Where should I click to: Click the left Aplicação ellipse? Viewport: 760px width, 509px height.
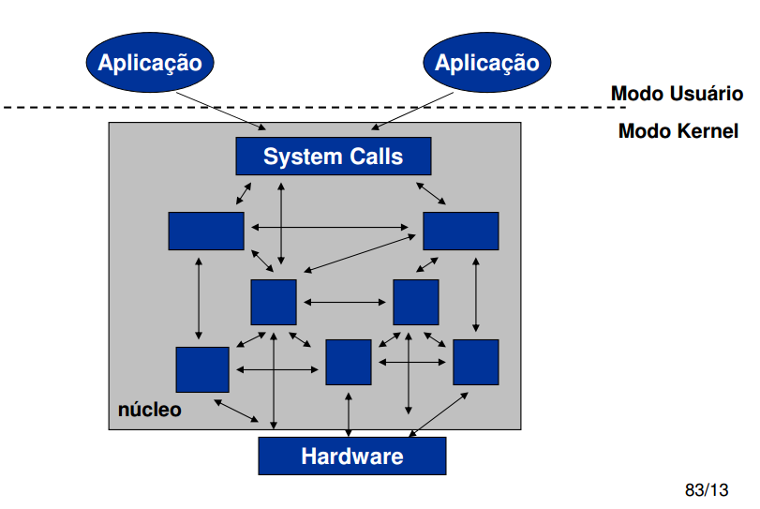[150, 63]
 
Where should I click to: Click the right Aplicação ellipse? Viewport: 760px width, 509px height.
[487, 63]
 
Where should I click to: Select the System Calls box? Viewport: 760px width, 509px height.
[333, 156]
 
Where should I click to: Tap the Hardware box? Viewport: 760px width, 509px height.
[351, 457]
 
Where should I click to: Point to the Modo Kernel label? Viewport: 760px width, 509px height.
[678, 131]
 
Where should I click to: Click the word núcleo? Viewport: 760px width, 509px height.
[150, 410]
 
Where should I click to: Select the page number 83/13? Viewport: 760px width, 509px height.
[707, 490]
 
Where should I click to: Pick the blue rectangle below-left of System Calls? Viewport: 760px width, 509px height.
[206, 231]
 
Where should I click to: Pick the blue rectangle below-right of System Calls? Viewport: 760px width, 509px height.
[461, 231]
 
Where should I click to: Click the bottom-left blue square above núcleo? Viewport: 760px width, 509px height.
[202, 369]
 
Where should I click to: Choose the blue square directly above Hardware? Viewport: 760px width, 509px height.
[349, 362]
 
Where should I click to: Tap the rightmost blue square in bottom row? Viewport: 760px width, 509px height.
[476, 362]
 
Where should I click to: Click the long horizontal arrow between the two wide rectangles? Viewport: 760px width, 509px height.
[334, 227]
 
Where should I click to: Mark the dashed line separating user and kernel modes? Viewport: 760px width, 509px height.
[281, 108]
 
